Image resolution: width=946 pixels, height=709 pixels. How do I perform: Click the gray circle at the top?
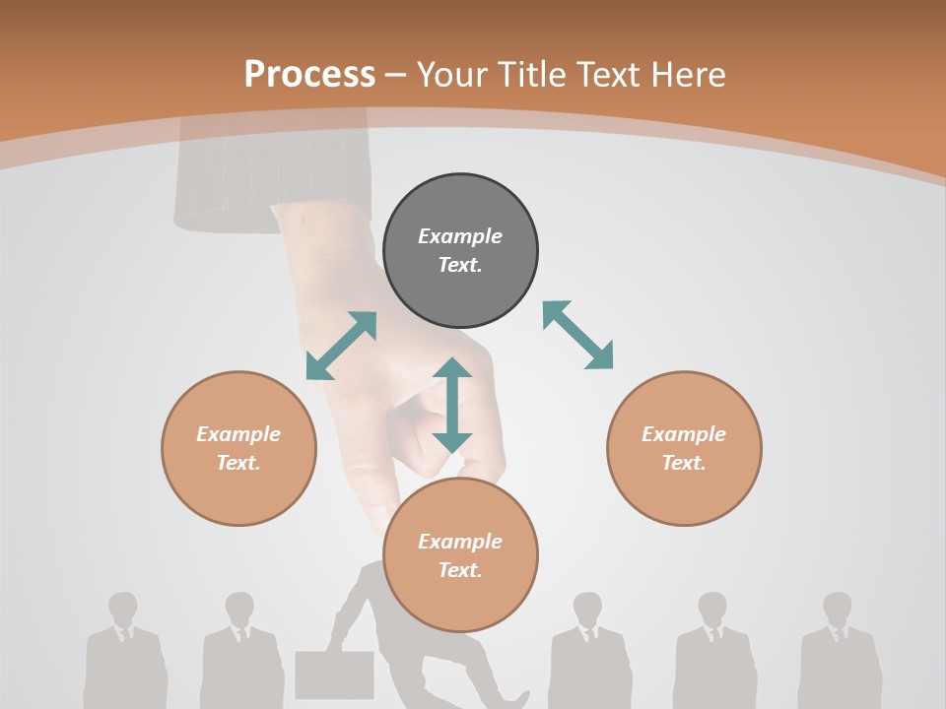click(460, 251)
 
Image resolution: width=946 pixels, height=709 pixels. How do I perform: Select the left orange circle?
click(238, 449)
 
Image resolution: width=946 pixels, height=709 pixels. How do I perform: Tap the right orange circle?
click(684, 449)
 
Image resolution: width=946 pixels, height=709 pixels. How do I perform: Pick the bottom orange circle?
click(460, 555)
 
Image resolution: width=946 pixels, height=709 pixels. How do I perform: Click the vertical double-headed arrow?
click(452, 405)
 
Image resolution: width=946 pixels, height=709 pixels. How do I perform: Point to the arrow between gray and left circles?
click(341, 346)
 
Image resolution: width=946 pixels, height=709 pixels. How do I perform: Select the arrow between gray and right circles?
click(577, 335)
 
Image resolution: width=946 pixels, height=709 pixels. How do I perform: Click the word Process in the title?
click(309, 74)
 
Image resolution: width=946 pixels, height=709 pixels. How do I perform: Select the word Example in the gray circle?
click(460, 236)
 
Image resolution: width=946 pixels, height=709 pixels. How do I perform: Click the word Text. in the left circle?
click(238, 463)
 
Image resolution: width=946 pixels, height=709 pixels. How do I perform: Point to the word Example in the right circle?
click(684, 434)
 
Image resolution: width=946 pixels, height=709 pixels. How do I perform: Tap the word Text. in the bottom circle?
click(460, 570)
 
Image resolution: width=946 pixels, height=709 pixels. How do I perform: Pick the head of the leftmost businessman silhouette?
click(123, 608)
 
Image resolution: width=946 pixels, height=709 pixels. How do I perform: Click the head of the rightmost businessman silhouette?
click(837, 608)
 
